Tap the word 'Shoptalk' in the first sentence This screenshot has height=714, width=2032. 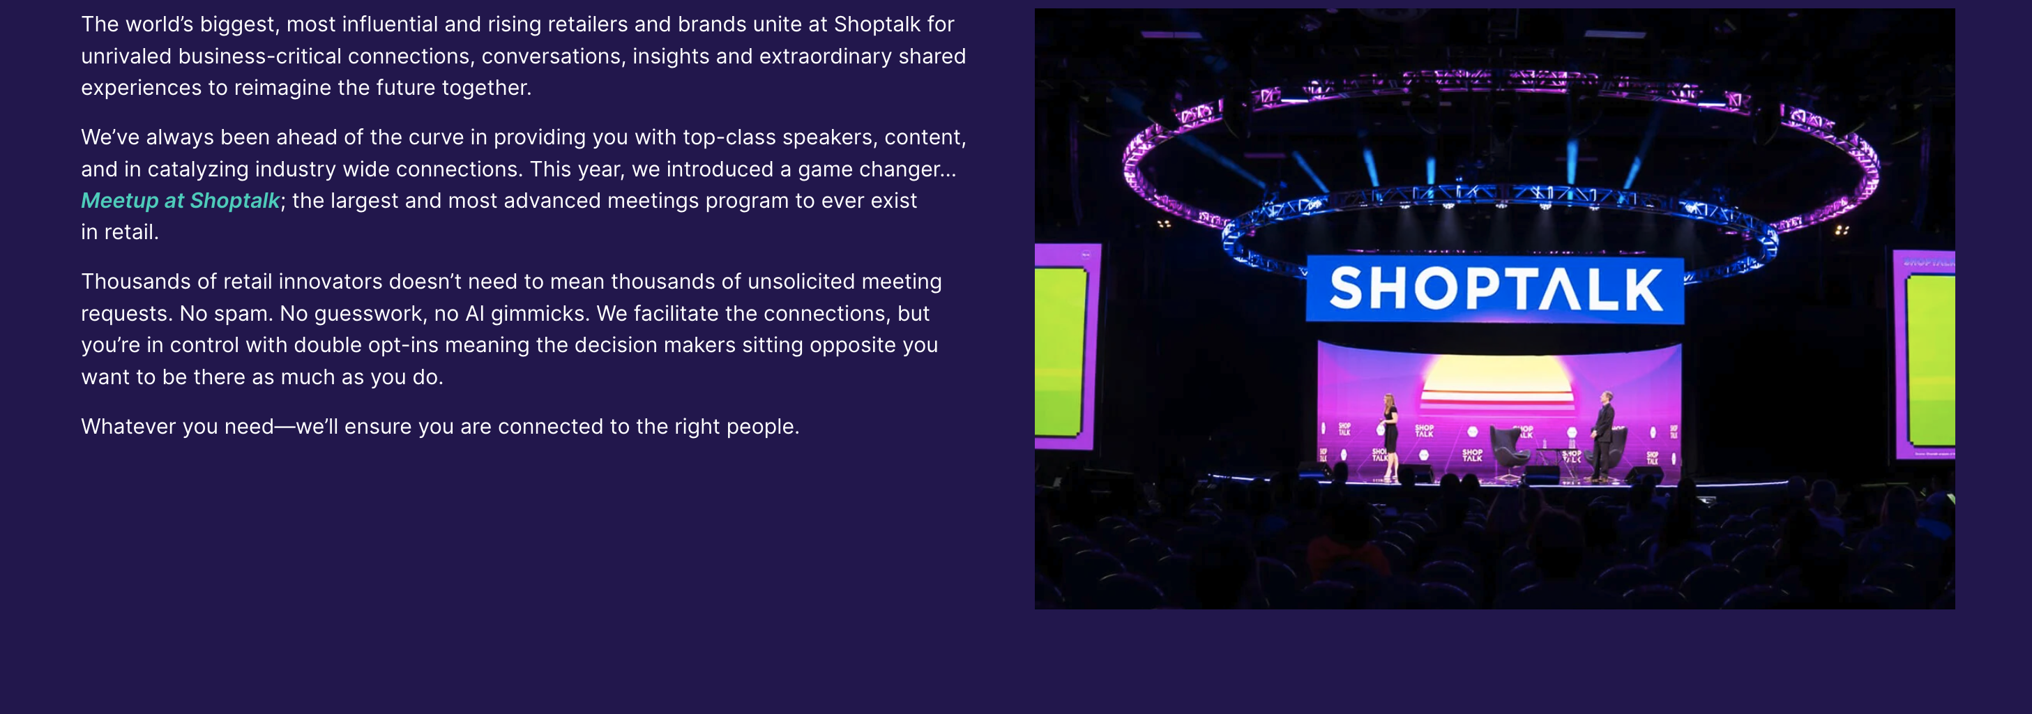click(877, 25)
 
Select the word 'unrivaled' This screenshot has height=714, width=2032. click(126, 56)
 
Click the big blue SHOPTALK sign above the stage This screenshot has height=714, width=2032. click(1495, 289)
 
